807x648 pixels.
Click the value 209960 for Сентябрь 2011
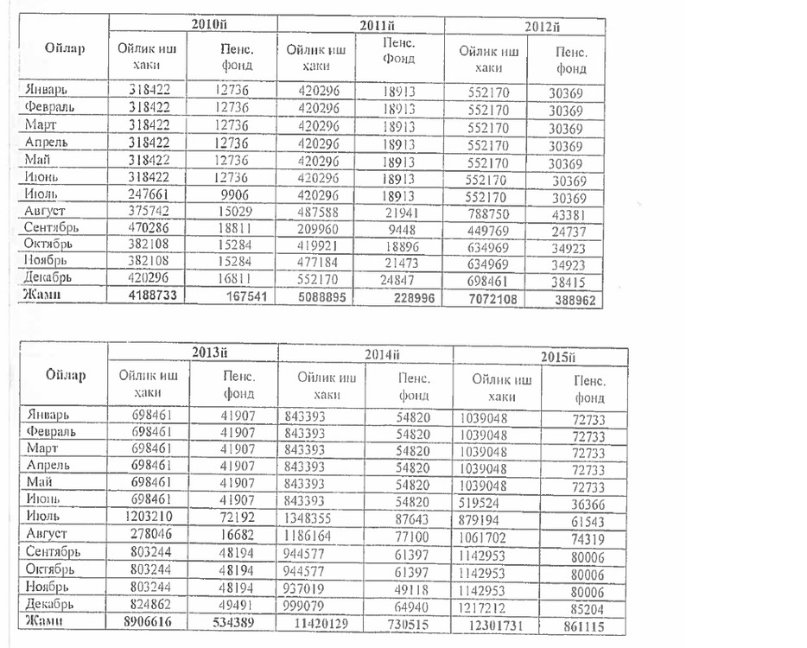tap(315, 229)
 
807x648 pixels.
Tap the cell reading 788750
tap(489, 213)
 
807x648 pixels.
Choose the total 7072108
tap(489, 298)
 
